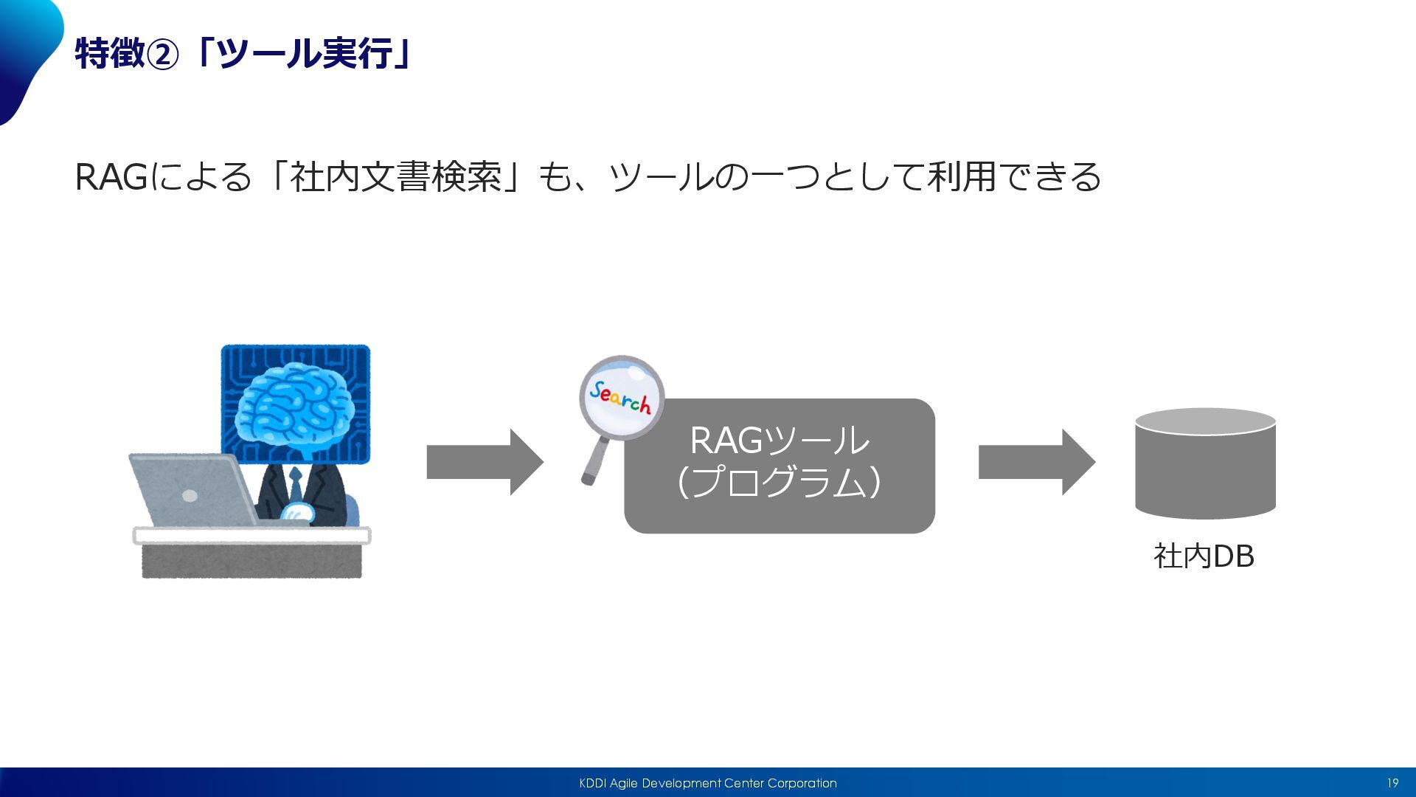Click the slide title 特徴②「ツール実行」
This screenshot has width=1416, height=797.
(x=244, y=54)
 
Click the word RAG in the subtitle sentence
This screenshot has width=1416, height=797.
(x=111, y=177)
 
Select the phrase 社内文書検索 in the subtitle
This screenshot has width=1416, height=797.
(x=396, y=177)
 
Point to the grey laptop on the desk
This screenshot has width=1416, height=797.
(x=193, y=490)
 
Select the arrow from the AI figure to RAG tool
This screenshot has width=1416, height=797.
(x=485, y=462)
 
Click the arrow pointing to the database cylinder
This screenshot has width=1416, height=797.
(x=1036, y=462)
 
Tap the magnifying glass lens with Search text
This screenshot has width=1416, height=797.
(x=621, y=398)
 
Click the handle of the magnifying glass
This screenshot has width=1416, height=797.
(x=594, y=462)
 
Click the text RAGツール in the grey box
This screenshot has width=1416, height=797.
(x=780, y=441)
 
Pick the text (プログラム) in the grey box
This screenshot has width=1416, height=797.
(x=780, y=482)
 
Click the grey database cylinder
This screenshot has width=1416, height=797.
(x=1205, y=463)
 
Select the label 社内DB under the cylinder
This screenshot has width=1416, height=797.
(x=1204, y=556)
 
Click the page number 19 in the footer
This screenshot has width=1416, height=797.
(x=1392, y=783)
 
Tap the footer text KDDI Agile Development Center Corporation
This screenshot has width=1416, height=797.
(x=708, y=783)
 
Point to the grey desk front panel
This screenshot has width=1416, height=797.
(x=251, y=561)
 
